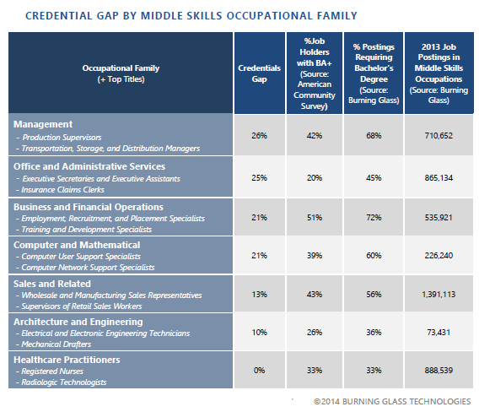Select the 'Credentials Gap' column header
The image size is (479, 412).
click(x=260, y=73)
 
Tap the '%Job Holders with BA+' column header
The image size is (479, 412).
click(x=314, y=73)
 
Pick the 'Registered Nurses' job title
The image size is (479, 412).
click(x=54, y=371)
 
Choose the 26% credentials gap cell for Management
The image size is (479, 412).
click(x=260, y=135)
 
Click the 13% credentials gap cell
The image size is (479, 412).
click(x=260, y=294)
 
